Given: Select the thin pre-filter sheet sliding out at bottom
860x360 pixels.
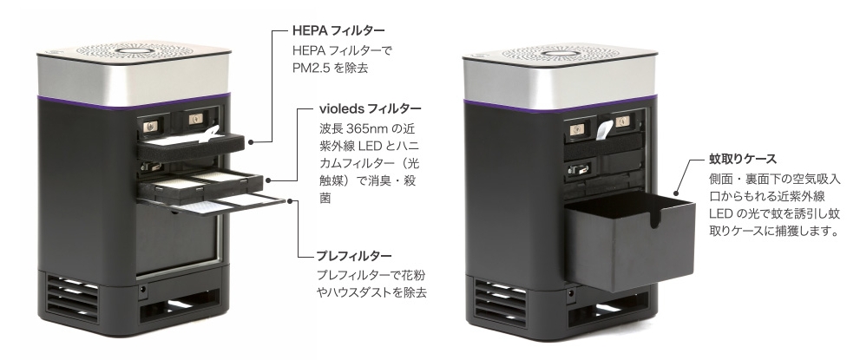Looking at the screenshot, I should pos(243,201).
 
